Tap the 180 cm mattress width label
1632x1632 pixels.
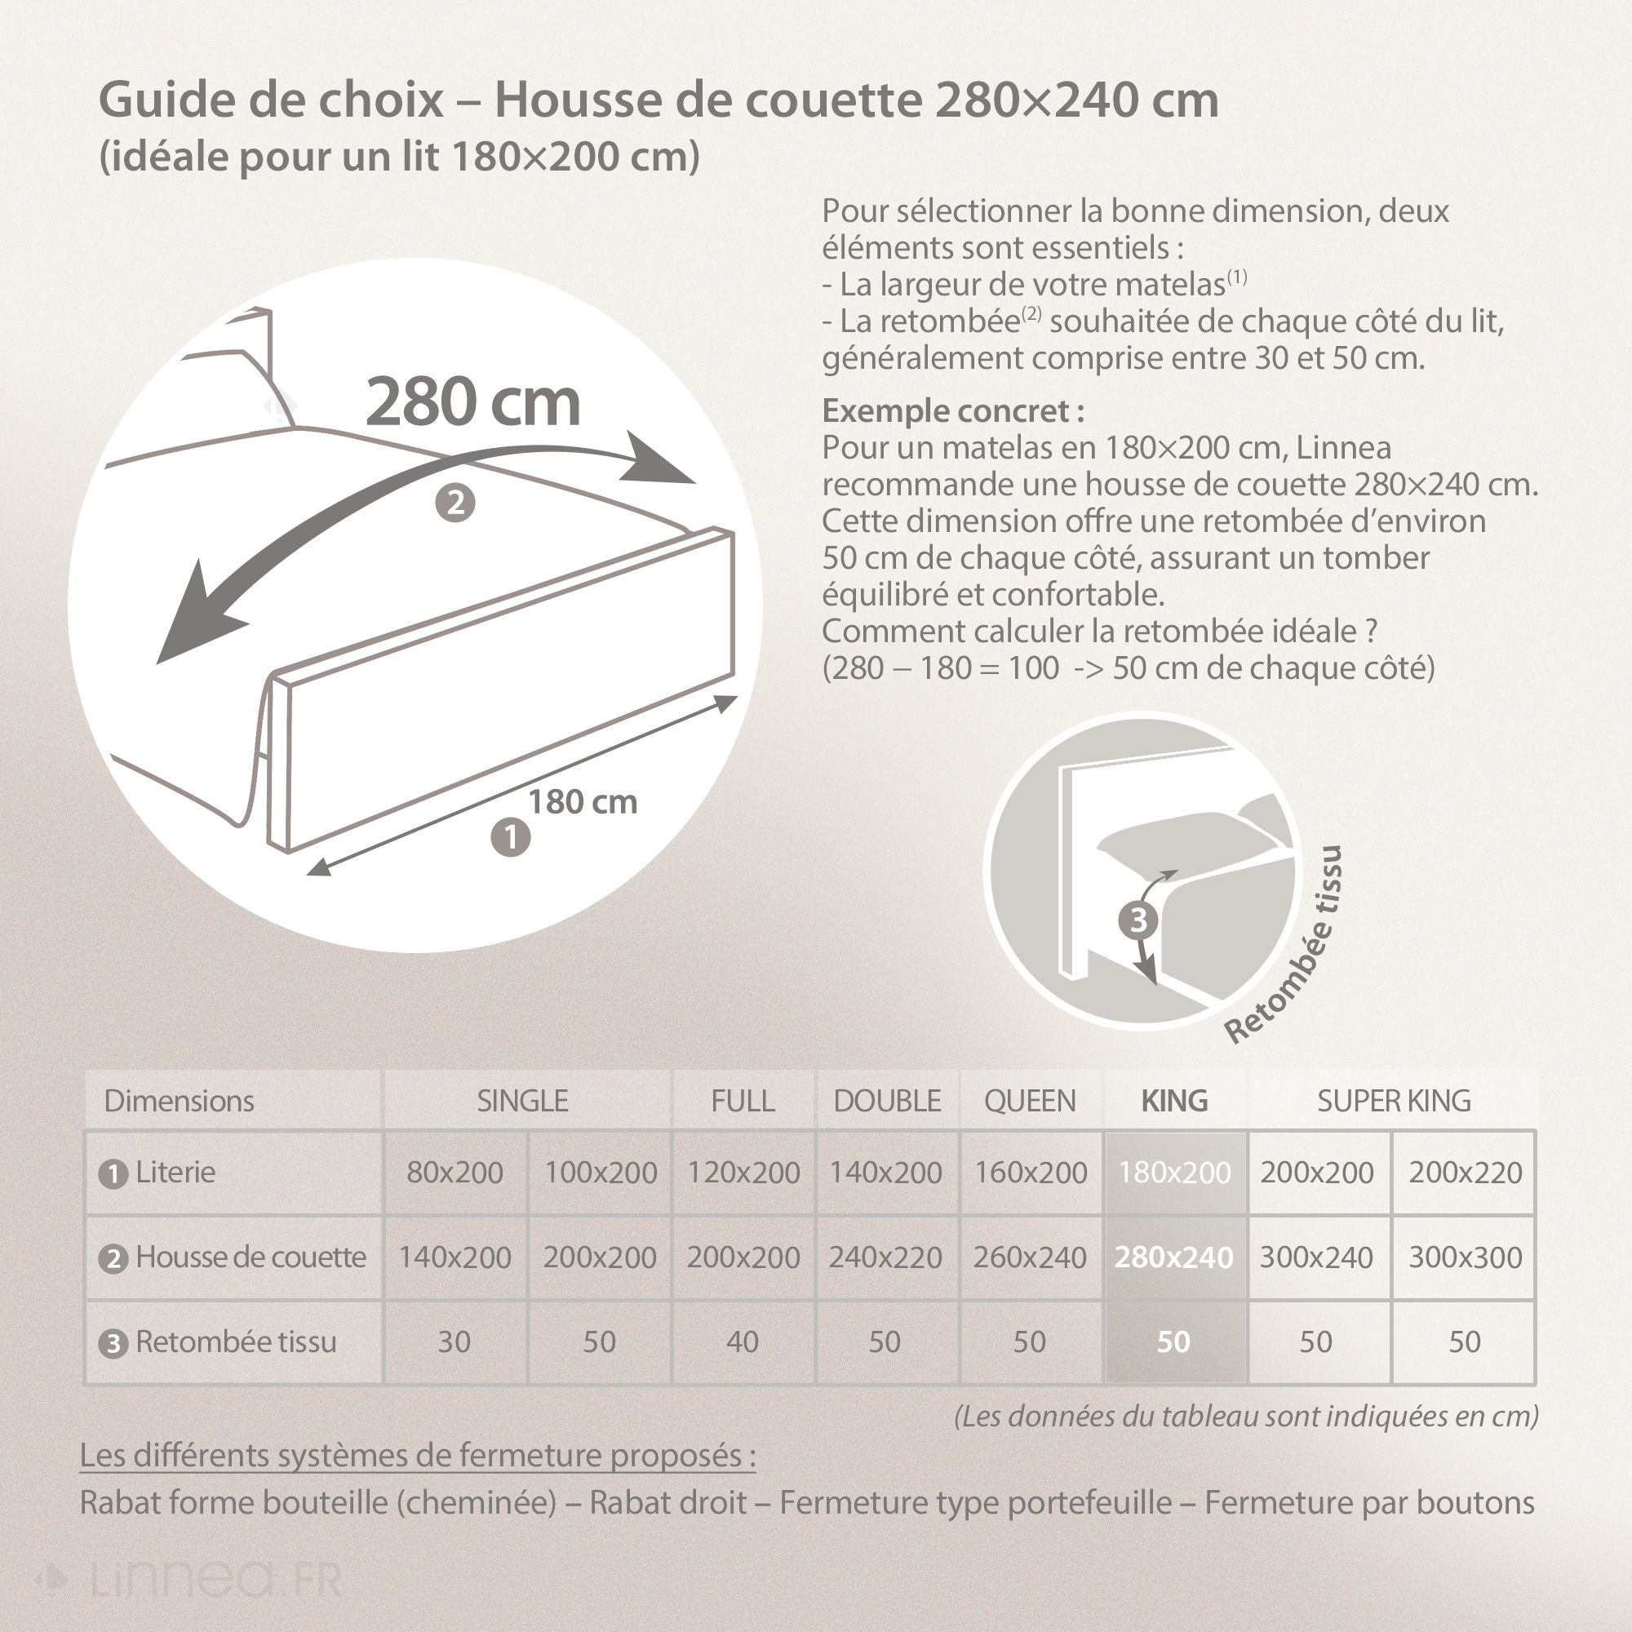[x=582, y=801]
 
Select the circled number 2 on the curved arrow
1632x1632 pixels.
[x=455, y=503]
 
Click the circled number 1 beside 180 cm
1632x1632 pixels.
[x=510, y=837]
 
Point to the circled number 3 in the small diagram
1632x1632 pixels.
[x=1138, y=920]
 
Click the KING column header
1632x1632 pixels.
[x=1174, y=1101]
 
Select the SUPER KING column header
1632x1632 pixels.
[x=1393, y=1101]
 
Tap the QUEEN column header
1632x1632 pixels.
[x=1030, y=1101]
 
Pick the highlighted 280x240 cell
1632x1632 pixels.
[x=1173, y=1257]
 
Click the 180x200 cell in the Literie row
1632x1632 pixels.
[x=1174, y=1173]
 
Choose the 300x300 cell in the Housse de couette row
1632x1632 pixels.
[x=1465, y=1257]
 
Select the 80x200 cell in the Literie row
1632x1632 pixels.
[x=455, y=1173]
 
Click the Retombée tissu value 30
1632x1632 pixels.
[x=454, y=1342]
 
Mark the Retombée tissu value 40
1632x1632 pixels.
[x=743, y=1342]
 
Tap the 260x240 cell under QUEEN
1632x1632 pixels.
[x=1030, y=1257]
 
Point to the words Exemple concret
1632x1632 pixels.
[x=953, y=411]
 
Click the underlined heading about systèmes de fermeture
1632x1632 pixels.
[x=417, y=1456]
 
